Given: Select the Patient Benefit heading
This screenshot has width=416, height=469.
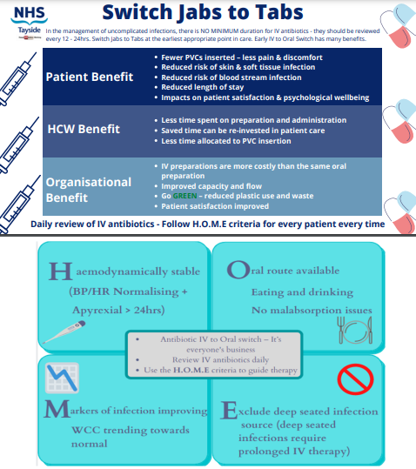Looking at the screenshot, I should click(90, 77).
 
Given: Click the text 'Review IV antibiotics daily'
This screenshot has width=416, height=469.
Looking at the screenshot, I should click(208, 358).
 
